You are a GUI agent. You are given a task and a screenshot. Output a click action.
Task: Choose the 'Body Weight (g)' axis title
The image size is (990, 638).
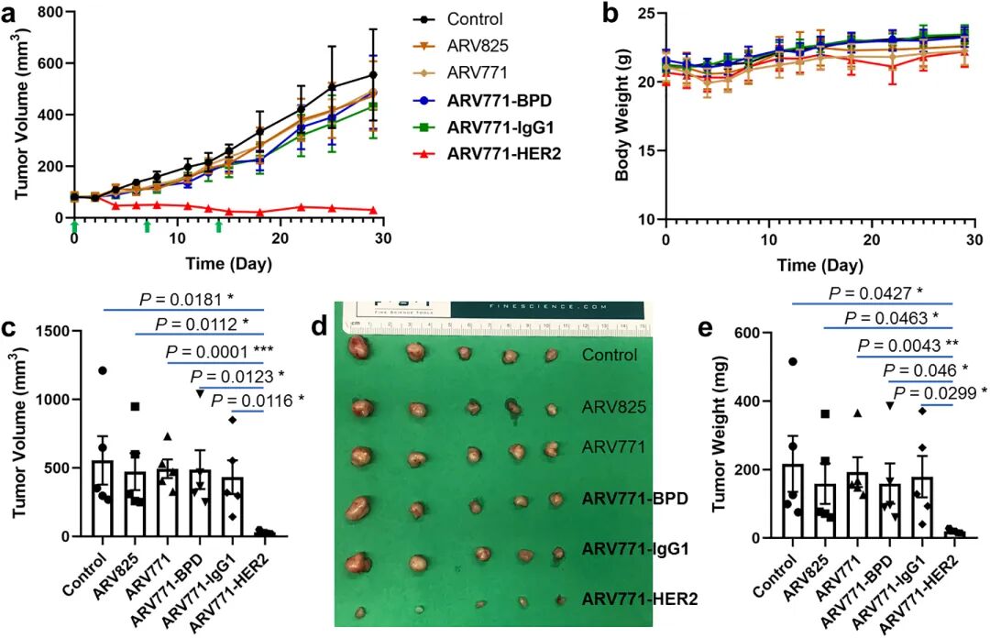click(622, 115)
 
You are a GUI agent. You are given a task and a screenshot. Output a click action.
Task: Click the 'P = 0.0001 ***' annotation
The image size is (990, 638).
click(233, 351)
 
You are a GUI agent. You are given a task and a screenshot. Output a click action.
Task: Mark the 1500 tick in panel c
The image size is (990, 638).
click(46, 331)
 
